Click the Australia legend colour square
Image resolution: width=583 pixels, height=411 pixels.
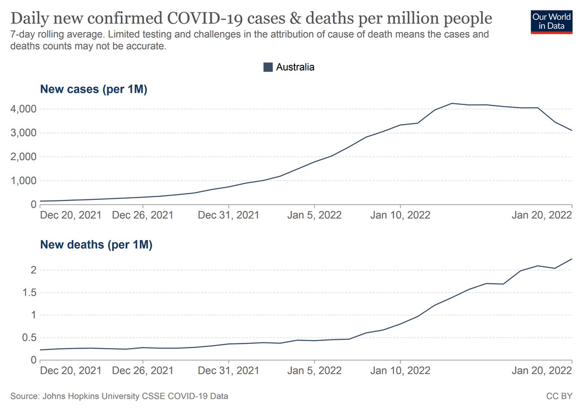268,67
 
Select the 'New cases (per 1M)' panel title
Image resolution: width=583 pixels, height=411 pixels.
93,90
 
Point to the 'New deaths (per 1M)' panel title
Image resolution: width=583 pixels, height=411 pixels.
96,245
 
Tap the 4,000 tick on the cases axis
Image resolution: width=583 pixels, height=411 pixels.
23,109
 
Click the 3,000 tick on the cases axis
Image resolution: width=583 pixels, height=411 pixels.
23,133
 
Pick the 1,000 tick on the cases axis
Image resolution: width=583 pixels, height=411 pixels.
23,181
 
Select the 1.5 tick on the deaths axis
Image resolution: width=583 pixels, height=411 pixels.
29,293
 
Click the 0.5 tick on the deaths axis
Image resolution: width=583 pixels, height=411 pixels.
29,338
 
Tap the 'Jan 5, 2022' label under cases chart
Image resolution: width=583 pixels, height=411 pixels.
315,215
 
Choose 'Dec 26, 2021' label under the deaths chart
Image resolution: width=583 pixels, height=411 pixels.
143,370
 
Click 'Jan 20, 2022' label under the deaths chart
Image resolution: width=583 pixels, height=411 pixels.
542,370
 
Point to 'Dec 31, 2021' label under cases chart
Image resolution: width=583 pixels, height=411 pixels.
229,215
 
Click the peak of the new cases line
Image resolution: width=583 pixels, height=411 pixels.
452,103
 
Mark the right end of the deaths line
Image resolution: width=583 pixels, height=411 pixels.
571,259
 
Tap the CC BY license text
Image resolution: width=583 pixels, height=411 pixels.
559,396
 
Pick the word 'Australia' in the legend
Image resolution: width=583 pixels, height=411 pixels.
295,67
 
